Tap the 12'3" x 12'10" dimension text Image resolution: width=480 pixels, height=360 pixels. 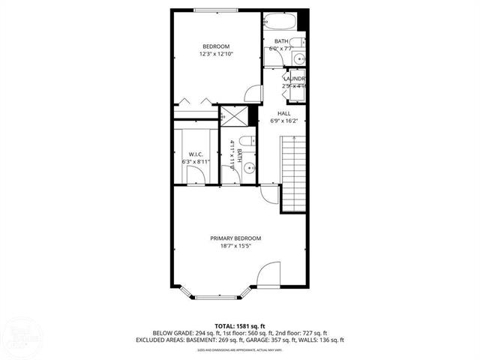click(x=216, y=54)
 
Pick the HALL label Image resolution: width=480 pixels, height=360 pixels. click(x=284, y=113)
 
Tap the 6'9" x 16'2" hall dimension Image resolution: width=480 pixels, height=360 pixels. click(x=284, y=121)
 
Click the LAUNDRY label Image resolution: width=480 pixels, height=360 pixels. click(x=295, y=79)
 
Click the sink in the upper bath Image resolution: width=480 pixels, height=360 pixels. click(x=299, y=58)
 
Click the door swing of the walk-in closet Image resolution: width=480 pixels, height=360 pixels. click(x=196, y=175)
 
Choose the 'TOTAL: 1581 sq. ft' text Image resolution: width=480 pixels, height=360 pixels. click(x=240, y=325)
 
